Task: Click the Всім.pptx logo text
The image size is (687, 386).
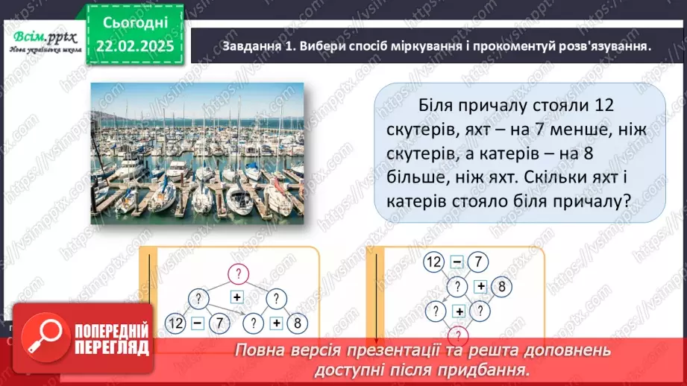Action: [x=43, y=35]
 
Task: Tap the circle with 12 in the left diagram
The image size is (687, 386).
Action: [x=176, y=323]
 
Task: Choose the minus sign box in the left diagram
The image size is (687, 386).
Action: [x=197, y=323]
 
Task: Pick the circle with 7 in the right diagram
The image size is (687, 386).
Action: [x=480, y=262]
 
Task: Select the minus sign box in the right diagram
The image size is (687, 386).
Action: [x=457, y=262]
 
